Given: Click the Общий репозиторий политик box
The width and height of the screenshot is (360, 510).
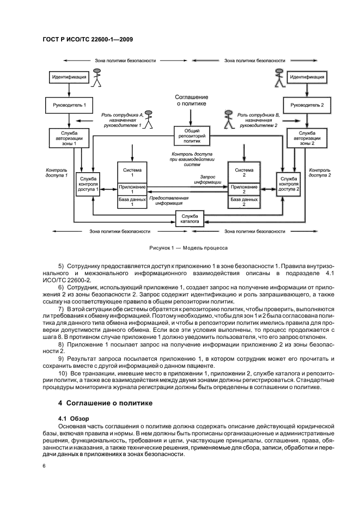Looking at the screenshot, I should [x=188, y=135].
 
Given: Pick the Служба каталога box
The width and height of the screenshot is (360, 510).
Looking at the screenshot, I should [x=188, y=219].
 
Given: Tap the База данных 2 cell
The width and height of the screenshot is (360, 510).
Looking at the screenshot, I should [x=243, y=202].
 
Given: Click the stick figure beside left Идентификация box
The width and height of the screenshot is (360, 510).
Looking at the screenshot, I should [x=98, y=78].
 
